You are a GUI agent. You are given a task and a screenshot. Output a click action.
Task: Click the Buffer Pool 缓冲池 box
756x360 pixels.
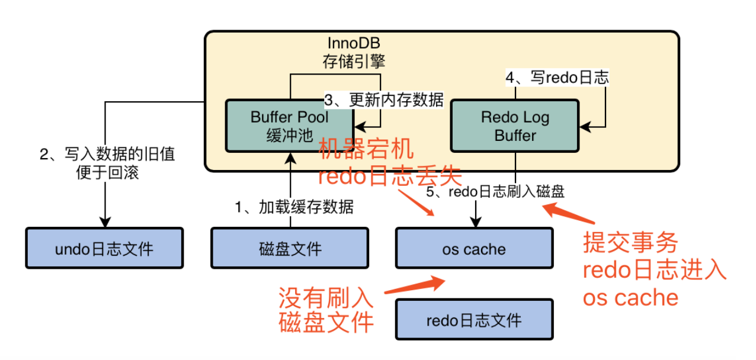pyautogui.click(x=289, y=126)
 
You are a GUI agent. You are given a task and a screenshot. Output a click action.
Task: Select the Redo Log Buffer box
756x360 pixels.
pyautogui.click(x=514, y=126)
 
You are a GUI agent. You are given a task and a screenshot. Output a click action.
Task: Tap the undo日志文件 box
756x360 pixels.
pyautogui.click(x=104, y=248)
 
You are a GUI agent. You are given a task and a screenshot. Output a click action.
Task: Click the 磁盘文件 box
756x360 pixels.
pyautogui.click(x=290, y=248)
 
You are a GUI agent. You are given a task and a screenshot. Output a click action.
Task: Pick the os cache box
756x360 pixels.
pyautogui.click(x=474, y=248)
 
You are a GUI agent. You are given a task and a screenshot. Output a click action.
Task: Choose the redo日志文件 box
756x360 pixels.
pyautogui.click(x=474, y=319)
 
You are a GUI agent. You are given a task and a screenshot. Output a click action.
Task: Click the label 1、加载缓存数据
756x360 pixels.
pyautogui.click(x=294, y=207)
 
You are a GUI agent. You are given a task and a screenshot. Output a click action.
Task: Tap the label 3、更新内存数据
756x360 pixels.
pyautogui.click(x=384, y=99)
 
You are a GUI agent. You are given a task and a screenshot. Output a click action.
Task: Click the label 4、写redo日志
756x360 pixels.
pyautogui.click(x=557, y=78)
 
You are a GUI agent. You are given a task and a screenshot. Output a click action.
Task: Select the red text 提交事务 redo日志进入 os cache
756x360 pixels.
pyautogui.click(x=652, y=269)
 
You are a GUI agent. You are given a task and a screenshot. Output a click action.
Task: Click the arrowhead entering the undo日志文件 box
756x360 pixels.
pyautogui.click(x=105, y=223)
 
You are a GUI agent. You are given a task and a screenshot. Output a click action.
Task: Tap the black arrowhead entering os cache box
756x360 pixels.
pyautogui.click(x=475, y=223)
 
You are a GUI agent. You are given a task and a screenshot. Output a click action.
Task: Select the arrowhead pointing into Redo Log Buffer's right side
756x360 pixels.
pyautogui.click(x=584, y=126)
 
